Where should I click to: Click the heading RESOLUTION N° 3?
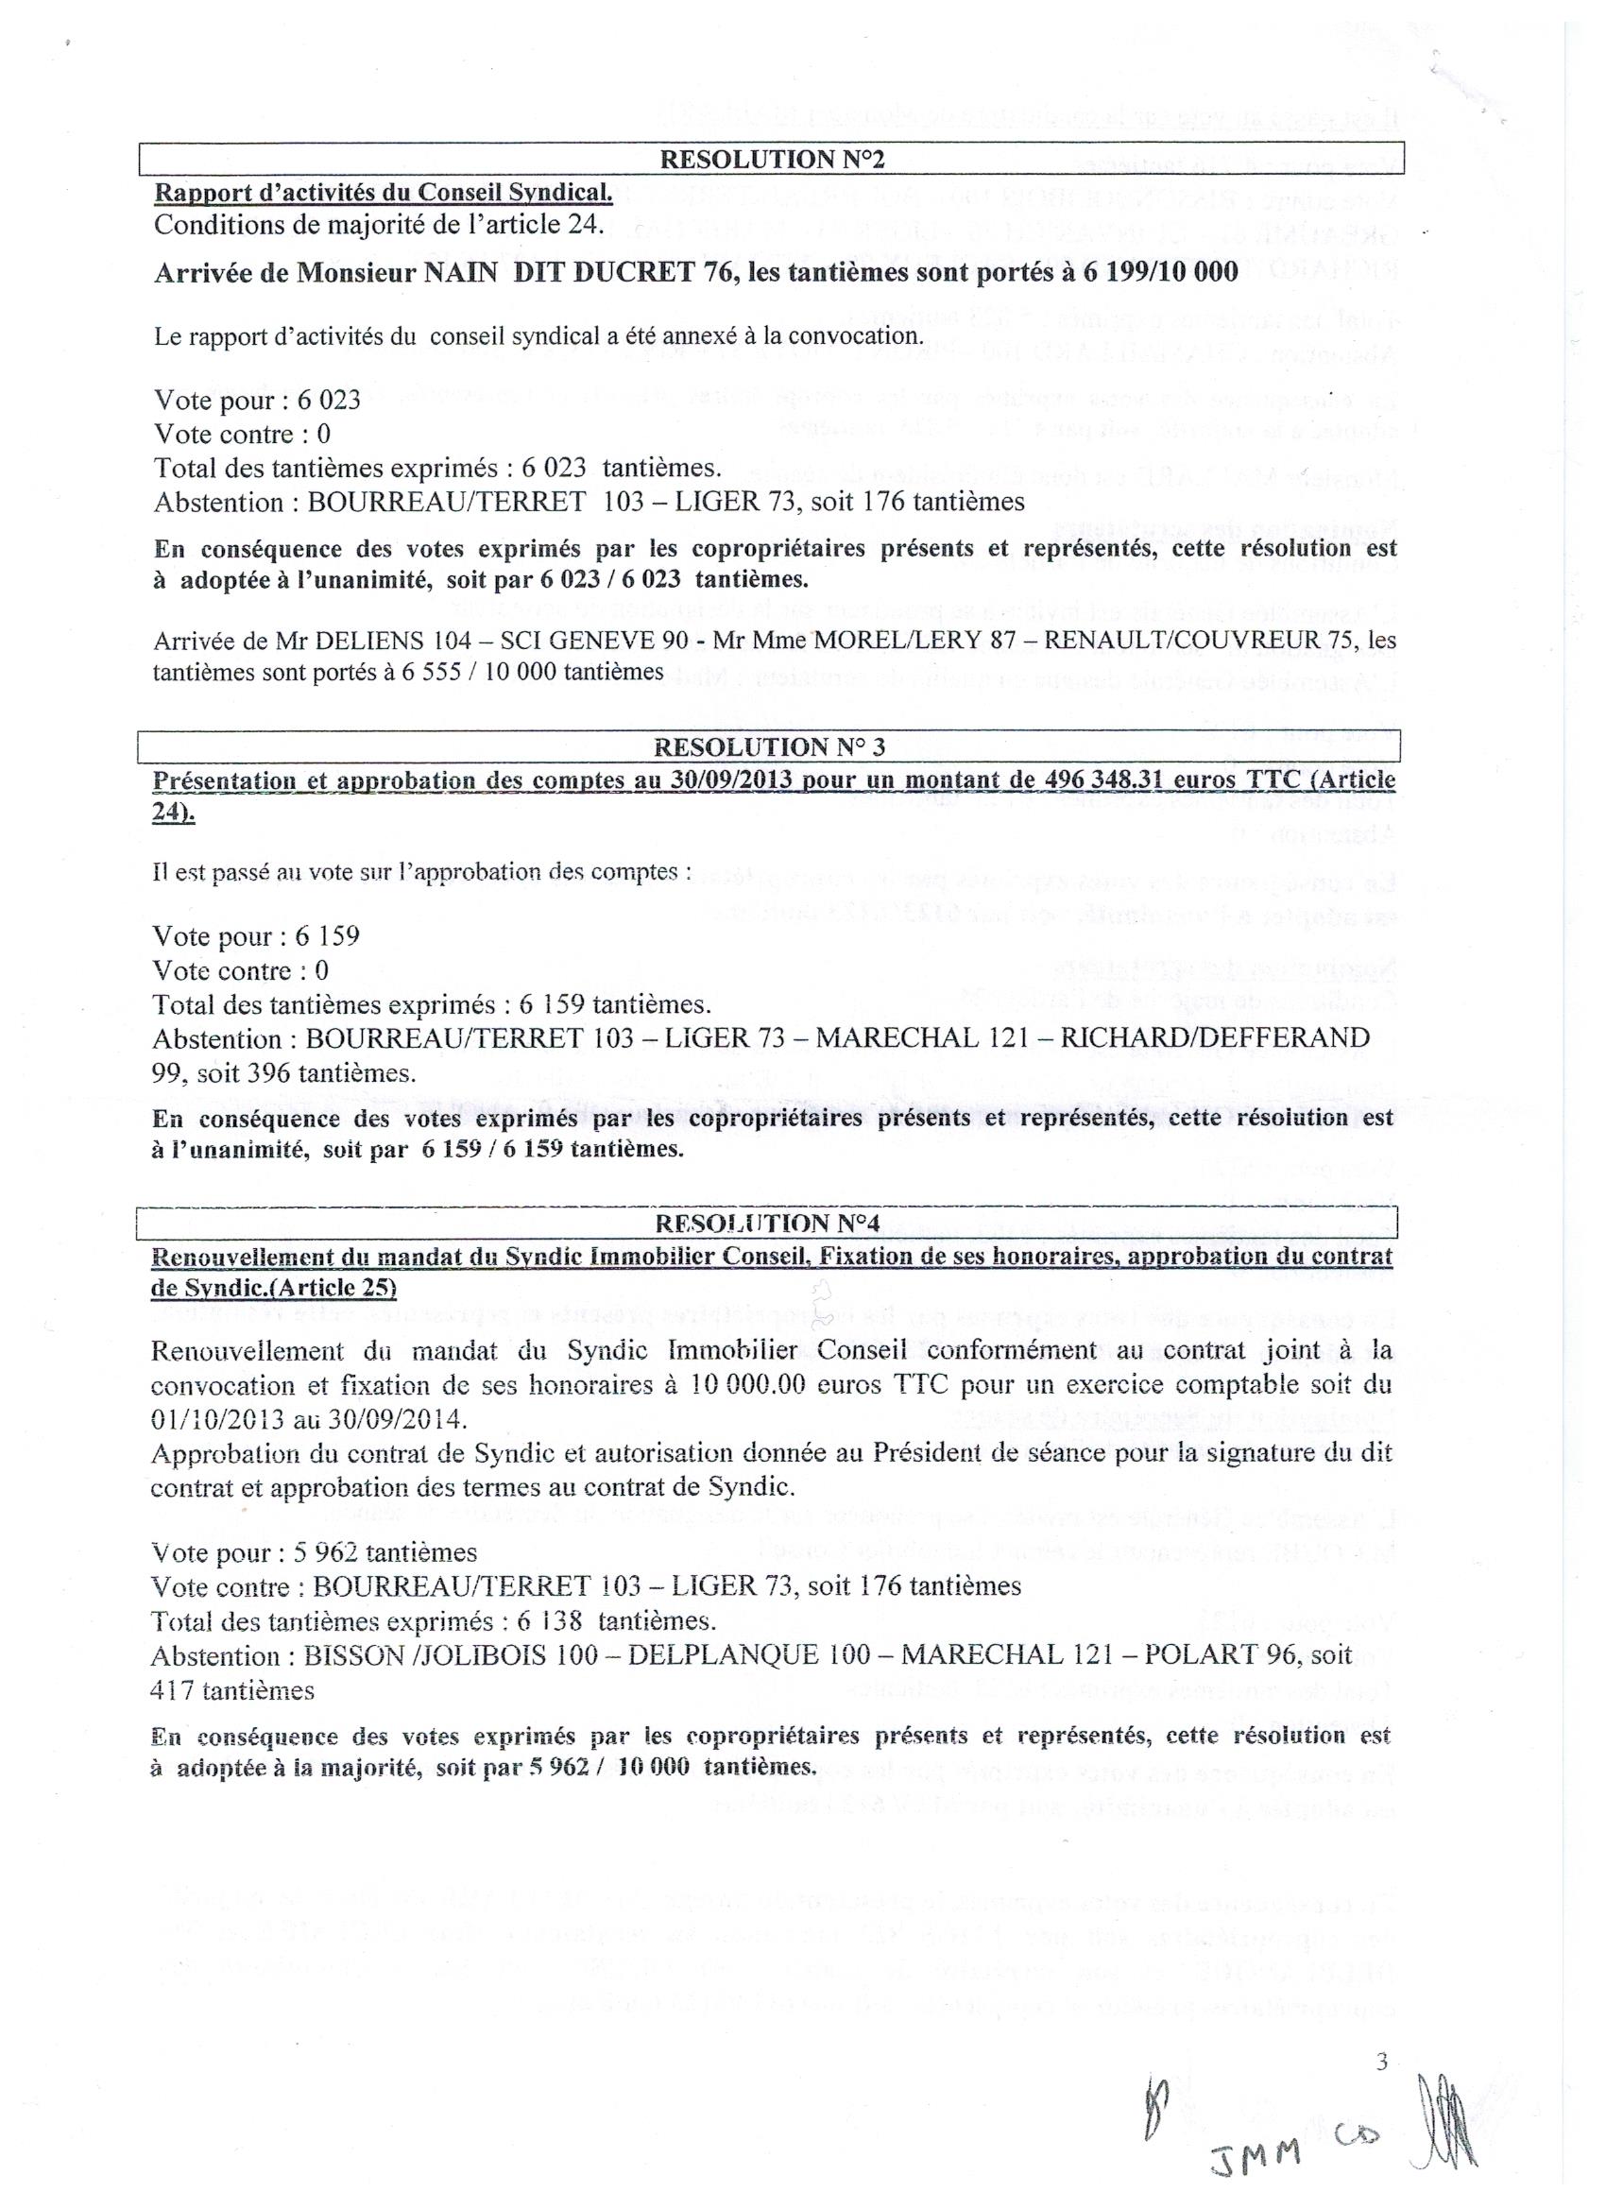click(769, 747)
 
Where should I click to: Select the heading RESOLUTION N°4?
click(769, 1223)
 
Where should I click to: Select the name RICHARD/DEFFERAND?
click(1215, 1038)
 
